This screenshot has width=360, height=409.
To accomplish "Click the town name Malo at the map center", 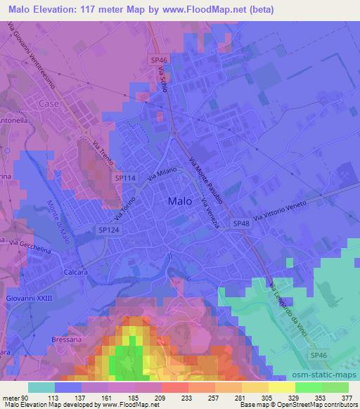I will [179, 202].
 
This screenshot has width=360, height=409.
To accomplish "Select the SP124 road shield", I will [108, 230].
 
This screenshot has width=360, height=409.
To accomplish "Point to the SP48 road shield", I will [241, 223].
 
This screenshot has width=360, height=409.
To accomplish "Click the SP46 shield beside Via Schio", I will [159, 61].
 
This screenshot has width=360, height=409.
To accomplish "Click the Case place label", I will [49, 103].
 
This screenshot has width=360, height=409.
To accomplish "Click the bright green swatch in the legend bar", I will [308, 387].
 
